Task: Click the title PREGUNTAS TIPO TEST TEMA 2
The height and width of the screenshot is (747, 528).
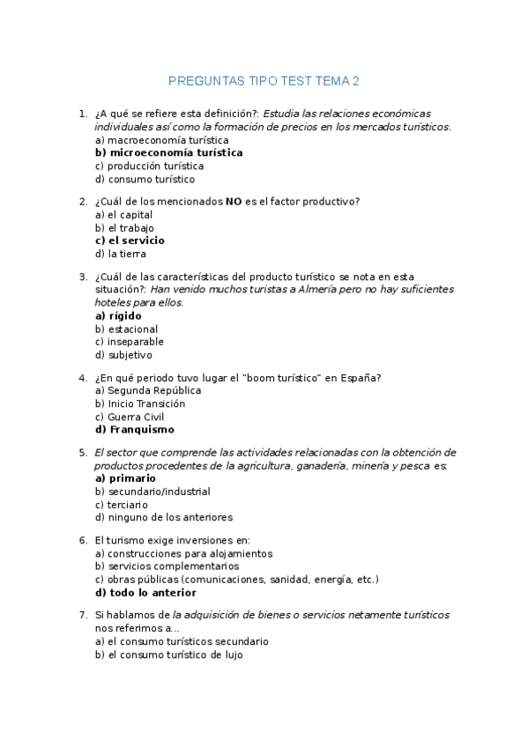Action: point(264,82)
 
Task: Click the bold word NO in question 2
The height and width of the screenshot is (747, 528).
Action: point(234,202)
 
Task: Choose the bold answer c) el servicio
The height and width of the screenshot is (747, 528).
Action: point(130,240)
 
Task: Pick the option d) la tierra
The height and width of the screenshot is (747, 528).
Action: point(121,254)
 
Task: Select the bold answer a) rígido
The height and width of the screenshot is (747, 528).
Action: point(118,315)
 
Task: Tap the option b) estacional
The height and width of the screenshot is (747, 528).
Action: point(126,329)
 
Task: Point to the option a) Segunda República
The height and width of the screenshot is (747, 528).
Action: point(147,390)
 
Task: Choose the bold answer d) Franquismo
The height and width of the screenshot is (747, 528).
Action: point(134,430)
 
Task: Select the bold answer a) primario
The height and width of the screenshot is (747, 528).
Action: point(125,478)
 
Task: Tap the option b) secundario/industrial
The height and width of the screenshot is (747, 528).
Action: point(152,492)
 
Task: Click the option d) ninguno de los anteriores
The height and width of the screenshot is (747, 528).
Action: point(163,518)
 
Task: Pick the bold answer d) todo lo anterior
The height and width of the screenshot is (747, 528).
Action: point(145,593)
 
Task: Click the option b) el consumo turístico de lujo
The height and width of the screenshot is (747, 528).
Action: point(168,655)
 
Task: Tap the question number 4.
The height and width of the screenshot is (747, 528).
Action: point(82,378)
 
